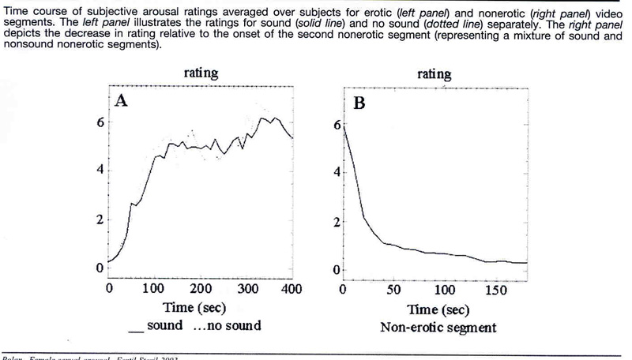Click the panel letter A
[x=122, y=100]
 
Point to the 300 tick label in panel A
[x=248, y=289]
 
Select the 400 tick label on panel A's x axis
[x=293, y=289]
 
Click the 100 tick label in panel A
[x=154, y=289]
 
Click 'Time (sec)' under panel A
[x=200, y=307]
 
